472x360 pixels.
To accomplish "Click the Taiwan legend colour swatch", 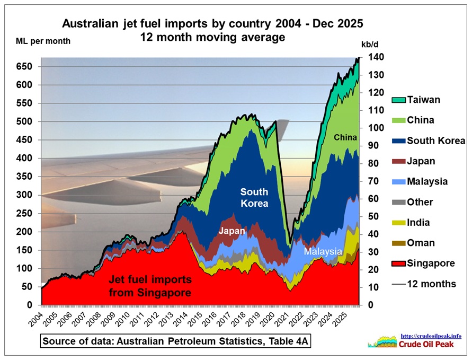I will pyautogui.click(x=398, y=100).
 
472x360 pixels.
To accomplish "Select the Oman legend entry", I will pyautogui.click(x=420, y=243).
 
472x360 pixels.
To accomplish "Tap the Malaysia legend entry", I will pyautogui.click(x=427, y=181).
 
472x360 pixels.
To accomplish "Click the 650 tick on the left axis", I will pyautogui.click(x=25, y=67).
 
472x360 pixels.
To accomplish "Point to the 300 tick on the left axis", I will pyautogui.click(x=25, y=195).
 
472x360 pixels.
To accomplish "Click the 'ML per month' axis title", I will pyautogui.click(x=38, y=41).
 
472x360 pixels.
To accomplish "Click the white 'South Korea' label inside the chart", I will pyautogui.click(x=254, y=197).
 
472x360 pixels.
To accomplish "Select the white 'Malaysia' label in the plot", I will pyautogui.click(x=323, y=252).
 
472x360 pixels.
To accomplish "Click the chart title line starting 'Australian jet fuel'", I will pyautogui.click(x=213, y=24).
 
